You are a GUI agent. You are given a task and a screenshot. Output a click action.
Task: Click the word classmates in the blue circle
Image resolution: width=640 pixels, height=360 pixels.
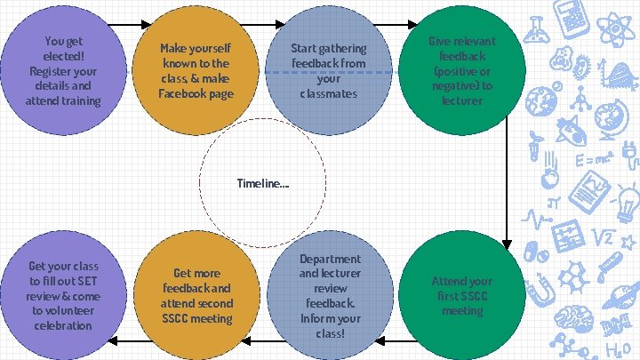pos(328,93)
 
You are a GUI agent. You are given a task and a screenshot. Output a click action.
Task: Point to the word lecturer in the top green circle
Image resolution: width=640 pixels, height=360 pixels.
pos(462,101)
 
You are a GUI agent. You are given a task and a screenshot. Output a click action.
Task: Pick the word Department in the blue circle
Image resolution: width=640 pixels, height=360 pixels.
pos(330,259)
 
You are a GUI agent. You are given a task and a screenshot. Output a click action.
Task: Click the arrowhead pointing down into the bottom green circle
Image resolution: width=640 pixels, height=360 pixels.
pos(506,242)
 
